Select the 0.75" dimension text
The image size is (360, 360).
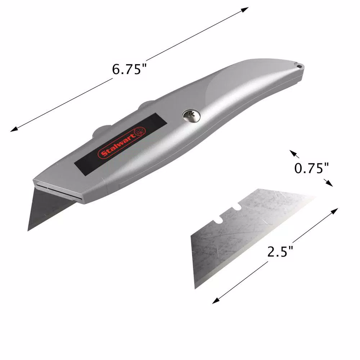click(x=312, y=168)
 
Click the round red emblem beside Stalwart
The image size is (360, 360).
click(x=139, y=131)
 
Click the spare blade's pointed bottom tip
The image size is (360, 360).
click(x=195, y=288)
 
